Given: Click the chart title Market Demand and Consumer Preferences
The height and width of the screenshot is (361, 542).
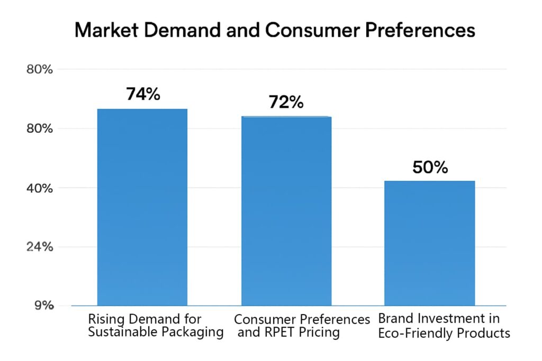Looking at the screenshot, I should (274, 30).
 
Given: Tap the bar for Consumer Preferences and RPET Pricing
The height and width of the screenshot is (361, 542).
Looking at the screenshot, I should (286, 211).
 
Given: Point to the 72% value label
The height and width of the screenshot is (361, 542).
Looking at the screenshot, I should (286, 102).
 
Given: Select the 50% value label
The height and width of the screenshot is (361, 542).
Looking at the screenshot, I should (430, 168).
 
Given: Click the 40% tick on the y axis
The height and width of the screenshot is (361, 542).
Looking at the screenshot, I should (39, 188).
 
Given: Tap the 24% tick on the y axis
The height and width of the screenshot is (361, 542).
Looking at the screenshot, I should (39, 247).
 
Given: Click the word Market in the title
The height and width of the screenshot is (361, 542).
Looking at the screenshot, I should (105, 30).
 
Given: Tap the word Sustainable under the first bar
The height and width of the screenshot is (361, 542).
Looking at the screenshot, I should (123, 332).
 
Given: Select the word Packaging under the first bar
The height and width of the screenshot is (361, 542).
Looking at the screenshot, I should (192, 332).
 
